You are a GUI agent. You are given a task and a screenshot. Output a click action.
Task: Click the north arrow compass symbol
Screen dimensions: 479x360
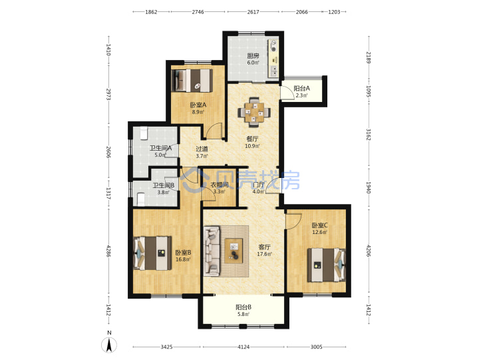point(109,345)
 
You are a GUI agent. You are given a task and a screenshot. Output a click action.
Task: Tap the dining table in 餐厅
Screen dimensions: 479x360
point(254,112)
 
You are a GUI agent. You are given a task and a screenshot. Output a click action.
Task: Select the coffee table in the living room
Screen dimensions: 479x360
point(234,251)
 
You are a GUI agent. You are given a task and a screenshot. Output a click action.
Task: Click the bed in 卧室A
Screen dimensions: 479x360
point(192,81)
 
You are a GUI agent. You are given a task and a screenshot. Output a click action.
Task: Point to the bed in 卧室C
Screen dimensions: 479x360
point(326,265)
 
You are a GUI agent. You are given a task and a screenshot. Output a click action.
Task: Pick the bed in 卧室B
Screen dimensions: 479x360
point(152,253)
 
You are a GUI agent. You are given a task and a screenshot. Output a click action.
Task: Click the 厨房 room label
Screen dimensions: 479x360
point(253,56)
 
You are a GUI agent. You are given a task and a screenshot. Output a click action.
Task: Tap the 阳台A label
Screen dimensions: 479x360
point(302,89)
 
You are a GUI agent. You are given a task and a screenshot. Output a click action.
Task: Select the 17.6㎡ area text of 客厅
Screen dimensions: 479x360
point(264,254)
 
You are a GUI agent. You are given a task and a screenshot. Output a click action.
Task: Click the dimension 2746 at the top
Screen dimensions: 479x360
point(198,12)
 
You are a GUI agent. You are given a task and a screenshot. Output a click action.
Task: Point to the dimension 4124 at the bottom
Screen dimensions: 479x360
point(243,347)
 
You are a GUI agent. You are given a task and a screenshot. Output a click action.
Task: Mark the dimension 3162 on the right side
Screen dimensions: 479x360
point(369,135)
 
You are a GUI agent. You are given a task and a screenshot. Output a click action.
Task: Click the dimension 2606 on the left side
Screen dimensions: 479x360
point(108,152)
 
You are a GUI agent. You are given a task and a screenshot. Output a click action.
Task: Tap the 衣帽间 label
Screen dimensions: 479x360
point(220,185)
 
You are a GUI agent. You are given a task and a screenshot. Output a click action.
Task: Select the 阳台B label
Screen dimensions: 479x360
point(243,307)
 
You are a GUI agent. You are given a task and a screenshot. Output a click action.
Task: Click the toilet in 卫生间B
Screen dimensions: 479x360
point(141,199)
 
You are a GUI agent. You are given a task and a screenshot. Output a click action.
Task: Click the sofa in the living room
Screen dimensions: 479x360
point(212,251)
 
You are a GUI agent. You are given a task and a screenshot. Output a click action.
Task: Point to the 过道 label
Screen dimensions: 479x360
point(202,149)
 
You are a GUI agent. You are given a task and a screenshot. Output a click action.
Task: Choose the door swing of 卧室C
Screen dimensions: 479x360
point(293,221)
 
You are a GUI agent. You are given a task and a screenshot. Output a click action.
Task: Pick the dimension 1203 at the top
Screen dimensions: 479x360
point(334,12)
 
